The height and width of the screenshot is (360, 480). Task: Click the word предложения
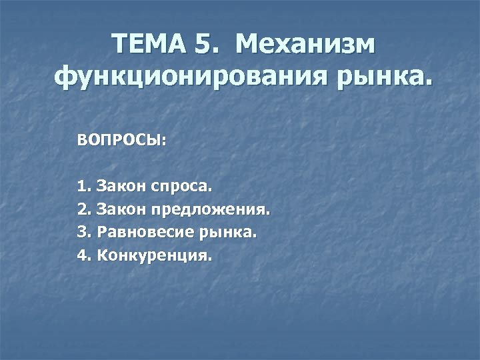point(211,210)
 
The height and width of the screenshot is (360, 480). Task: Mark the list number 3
point(83,233)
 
